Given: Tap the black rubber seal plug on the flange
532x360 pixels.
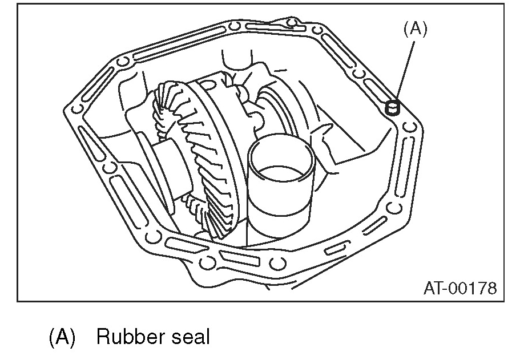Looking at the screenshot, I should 392,107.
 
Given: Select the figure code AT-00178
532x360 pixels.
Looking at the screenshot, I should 460,288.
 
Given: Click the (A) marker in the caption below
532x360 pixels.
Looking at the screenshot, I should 62,337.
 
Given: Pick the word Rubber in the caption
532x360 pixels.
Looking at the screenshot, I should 129,337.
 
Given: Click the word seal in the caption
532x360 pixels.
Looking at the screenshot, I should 191,337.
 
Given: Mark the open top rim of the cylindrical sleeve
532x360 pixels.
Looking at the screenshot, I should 281,154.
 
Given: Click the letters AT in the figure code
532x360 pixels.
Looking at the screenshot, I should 433,288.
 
